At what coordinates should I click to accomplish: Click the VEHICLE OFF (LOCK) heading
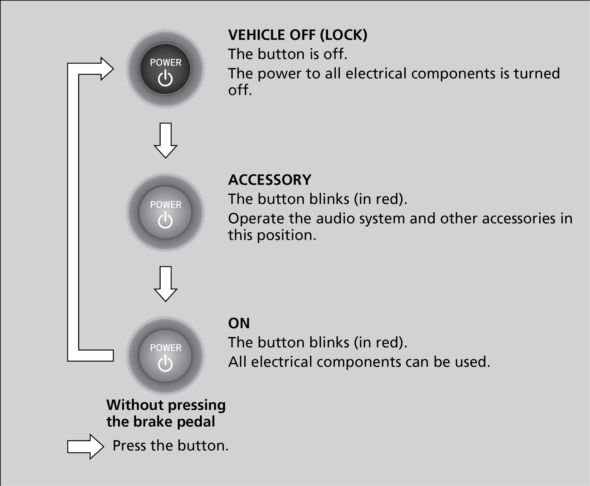coord(298,35)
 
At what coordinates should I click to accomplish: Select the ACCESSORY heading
coord(270,180)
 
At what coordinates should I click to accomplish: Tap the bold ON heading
coord(239,323)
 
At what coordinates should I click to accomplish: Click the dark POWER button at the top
coord(165,69)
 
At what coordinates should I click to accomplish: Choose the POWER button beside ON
coord(165,355)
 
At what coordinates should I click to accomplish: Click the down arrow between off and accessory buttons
coord(165,141)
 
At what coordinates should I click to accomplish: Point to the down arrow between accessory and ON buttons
coord(165,284)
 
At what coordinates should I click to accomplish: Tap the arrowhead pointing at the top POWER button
coord(107,69)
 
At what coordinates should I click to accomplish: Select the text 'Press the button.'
coord(170,446)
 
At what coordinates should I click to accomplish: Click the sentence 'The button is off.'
coord(288,54)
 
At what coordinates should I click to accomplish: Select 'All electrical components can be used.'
coord(359,362)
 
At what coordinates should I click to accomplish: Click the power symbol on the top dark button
coord(165,78)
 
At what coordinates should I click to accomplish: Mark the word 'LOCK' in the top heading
coord(343,35)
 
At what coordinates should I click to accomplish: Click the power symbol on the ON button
coord(165,363)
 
